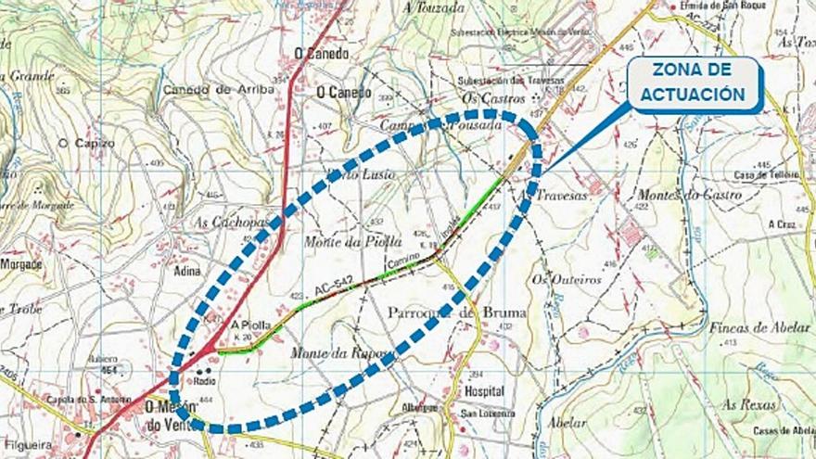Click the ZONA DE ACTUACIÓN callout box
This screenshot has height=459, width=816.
[697, 83]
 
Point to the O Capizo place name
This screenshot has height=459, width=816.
[85, 143]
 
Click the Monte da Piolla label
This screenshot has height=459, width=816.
[339, 241]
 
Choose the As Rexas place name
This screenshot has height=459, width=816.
[748, 404]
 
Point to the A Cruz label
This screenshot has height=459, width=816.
[781, 224]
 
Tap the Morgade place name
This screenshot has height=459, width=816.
[20, 264]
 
